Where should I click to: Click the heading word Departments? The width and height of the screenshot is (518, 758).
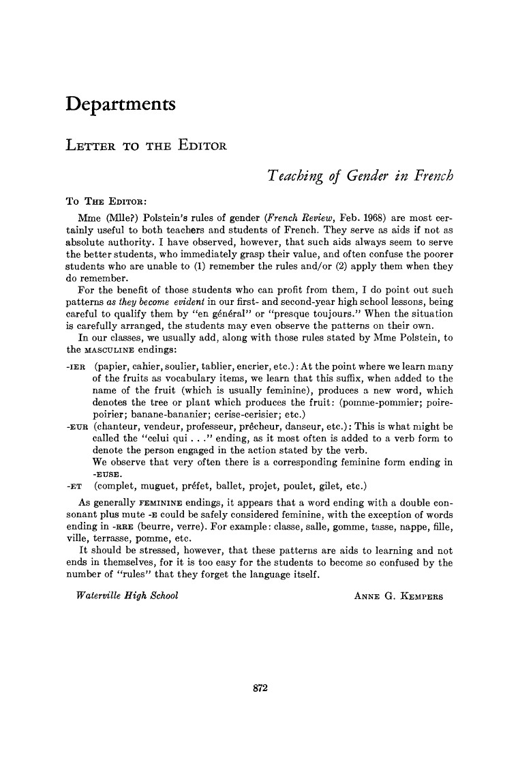coord(121,105)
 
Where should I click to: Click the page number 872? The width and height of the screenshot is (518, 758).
coord(259,688)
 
